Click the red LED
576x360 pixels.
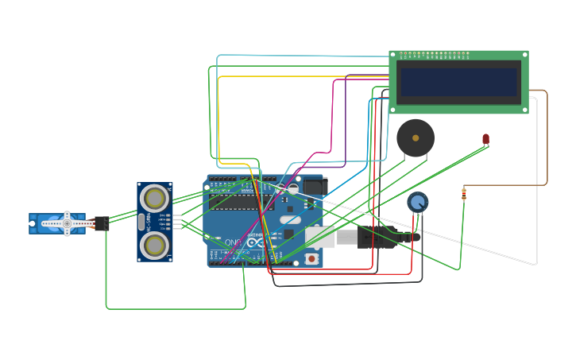coord(485,139)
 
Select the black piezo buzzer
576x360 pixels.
coord(416,138)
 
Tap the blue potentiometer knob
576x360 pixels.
coord(418,202)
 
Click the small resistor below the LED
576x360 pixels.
coord(464,193)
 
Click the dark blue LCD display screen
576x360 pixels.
coord(458,81)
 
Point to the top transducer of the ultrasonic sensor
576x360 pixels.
coord(154,198)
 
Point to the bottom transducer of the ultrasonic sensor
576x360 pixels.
coord(154,245)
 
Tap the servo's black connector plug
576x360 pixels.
coord(102,223)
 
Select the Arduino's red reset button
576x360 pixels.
coord(312,258)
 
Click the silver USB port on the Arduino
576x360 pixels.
coord(320,237)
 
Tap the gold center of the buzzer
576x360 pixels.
coord(416,138)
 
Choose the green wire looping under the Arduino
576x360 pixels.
coord(175,308)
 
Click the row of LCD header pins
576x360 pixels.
coord(434,55)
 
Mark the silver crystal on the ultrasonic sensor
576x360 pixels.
coord(141,222)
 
